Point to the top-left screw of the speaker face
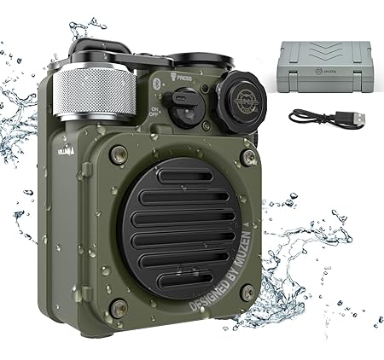(x=119, y=154)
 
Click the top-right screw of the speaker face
(x=247, y=157)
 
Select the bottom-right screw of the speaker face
(x=247, y=293)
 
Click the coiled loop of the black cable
(x=300, y=118)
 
